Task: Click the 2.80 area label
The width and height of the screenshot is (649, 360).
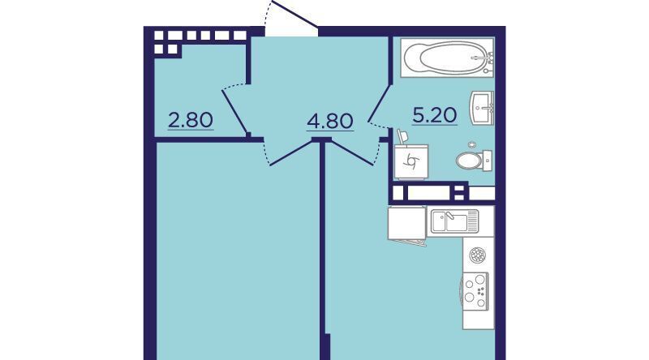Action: [x=191, y=121]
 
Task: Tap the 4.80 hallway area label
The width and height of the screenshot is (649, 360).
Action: [x=330, y=122]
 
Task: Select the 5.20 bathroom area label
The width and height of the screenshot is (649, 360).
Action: [x=435, y=115]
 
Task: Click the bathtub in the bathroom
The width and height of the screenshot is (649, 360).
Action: [x=448, y=58]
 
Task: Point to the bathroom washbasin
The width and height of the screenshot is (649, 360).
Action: [x=481, y=108]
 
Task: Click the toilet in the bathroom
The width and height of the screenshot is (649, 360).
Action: [x=474, y=161]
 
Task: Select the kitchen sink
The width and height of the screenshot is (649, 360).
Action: [x=454, y=221]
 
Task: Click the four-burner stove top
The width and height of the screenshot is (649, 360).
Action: [x=475, y=290]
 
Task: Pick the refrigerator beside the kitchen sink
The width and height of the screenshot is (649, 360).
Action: [x=407, y=224]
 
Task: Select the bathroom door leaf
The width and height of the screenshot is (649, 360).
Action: [x=380, y=103]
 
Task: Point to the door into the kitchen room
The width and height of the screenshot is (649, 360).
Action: [x=353, y=153]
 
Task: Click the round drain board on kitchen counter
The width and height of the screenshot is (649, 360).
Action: [x=477, y=255]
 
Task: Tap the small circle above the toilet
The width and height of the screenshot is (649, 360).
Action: [x=472, y=145]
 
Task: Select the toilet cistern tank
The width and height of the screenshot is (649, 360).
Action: [x=488, y=161]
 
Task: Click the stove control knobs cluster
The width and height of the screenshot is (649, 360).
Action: [x=480, y=290]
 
